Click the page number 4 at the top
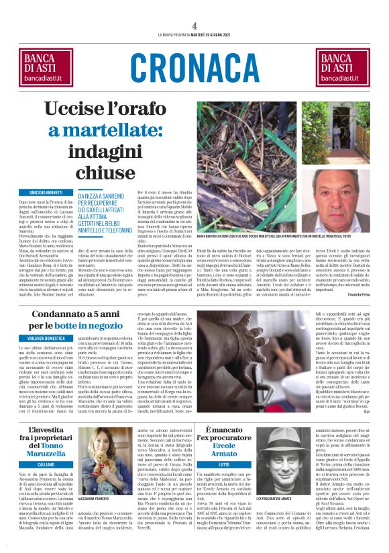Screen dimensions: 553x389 click(x=194, y=25)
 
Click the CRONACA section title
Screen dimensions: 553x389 click(x=194, y=66)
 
